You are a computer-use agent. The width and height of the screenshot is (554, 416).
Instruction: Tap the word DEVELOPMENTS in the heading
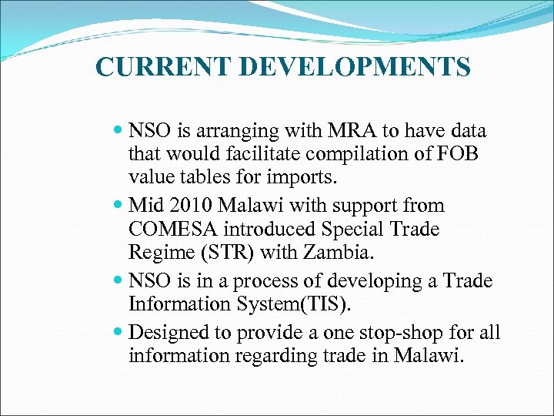(x=355, y=68)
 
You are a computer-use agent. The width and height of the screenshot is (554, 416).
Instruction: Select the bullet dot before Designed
(x=118, y=334)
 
